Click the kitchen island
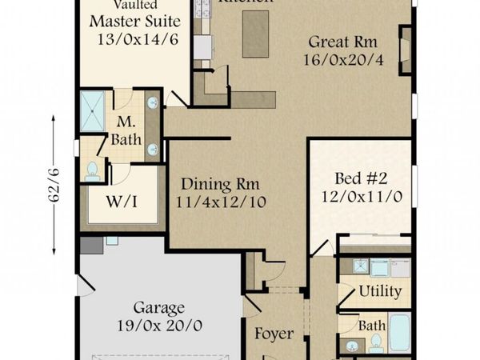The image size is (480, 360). tap(255, 34)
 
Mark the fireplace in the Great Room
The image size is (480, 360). tap(405, 50)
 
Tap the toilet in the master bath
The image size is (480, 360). tap(92, 170)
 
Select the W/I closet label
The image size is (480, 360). tap(122, 201)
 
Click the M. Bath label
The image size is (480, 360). tap(126, 131)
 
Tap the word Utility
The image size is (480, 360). tap(379, 290)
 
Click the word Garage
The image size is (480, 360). tap(159, 307)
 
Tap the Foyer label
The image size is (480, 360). tap(274, 334)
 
